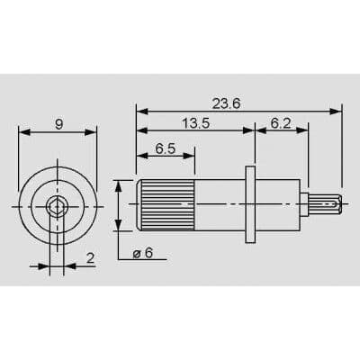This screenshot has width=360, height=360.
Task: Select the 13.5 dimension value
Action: tap(193, 123)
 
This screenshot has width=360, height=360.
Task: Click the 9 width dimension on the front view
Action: tap(58, 124)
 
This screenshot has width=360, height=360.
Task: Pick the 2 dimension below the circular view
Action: tap(90, 259)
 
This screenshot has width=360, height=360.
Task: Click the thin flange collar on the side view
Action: tap(251, 205)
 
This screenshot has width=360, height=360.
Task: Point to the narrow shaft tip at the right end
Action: tap(326, 205)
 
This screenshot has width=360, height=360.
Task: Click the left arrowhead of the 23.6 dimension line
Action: tap(140, 111)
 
